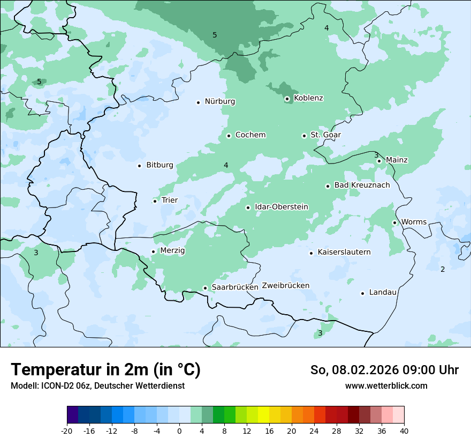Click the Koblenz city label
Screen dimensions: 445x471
click(x=308, y=98)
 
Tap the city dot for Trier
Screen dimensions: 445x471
click(x=155, y=201)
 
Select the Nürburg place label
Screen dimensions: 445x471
click(x=219, y=101)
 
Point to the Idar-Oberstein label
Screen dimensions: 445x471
click(x=282, y=207)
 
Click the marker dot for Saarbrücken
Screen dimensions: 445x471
click(x=205, y=288)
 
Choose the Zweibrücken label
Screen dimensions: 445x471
click(x=286, y=286)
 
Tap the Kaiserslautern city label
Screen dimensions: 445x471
click(x=344, y=252)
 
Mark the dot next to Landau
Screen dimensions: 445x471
click(x=362, y=293)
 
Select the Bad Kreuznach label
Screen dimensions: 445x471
click(x=362, y=185)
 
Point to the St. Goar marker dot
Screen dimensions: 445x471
click(x=304, y=136)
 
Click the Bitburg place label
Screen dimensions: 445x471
click(x=159, y=165)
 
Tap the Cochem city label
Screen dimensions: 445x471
click(x=250, y=135)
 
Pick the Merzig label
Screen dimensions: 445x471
click(x=172, y=250)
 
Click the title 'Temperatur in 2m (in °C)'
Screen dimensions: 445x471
click(x=106, y=370)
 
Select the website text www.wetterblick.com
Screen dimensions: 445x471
click(x=386, y=386)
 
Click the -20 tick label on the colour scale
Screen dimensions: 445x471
click(x=67, y=431)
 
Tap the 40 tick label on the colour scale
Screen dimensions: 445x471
click(x=404, y=431)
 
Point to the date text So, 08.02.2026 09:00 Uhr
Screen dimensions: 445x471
click(x=384, y=370)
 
